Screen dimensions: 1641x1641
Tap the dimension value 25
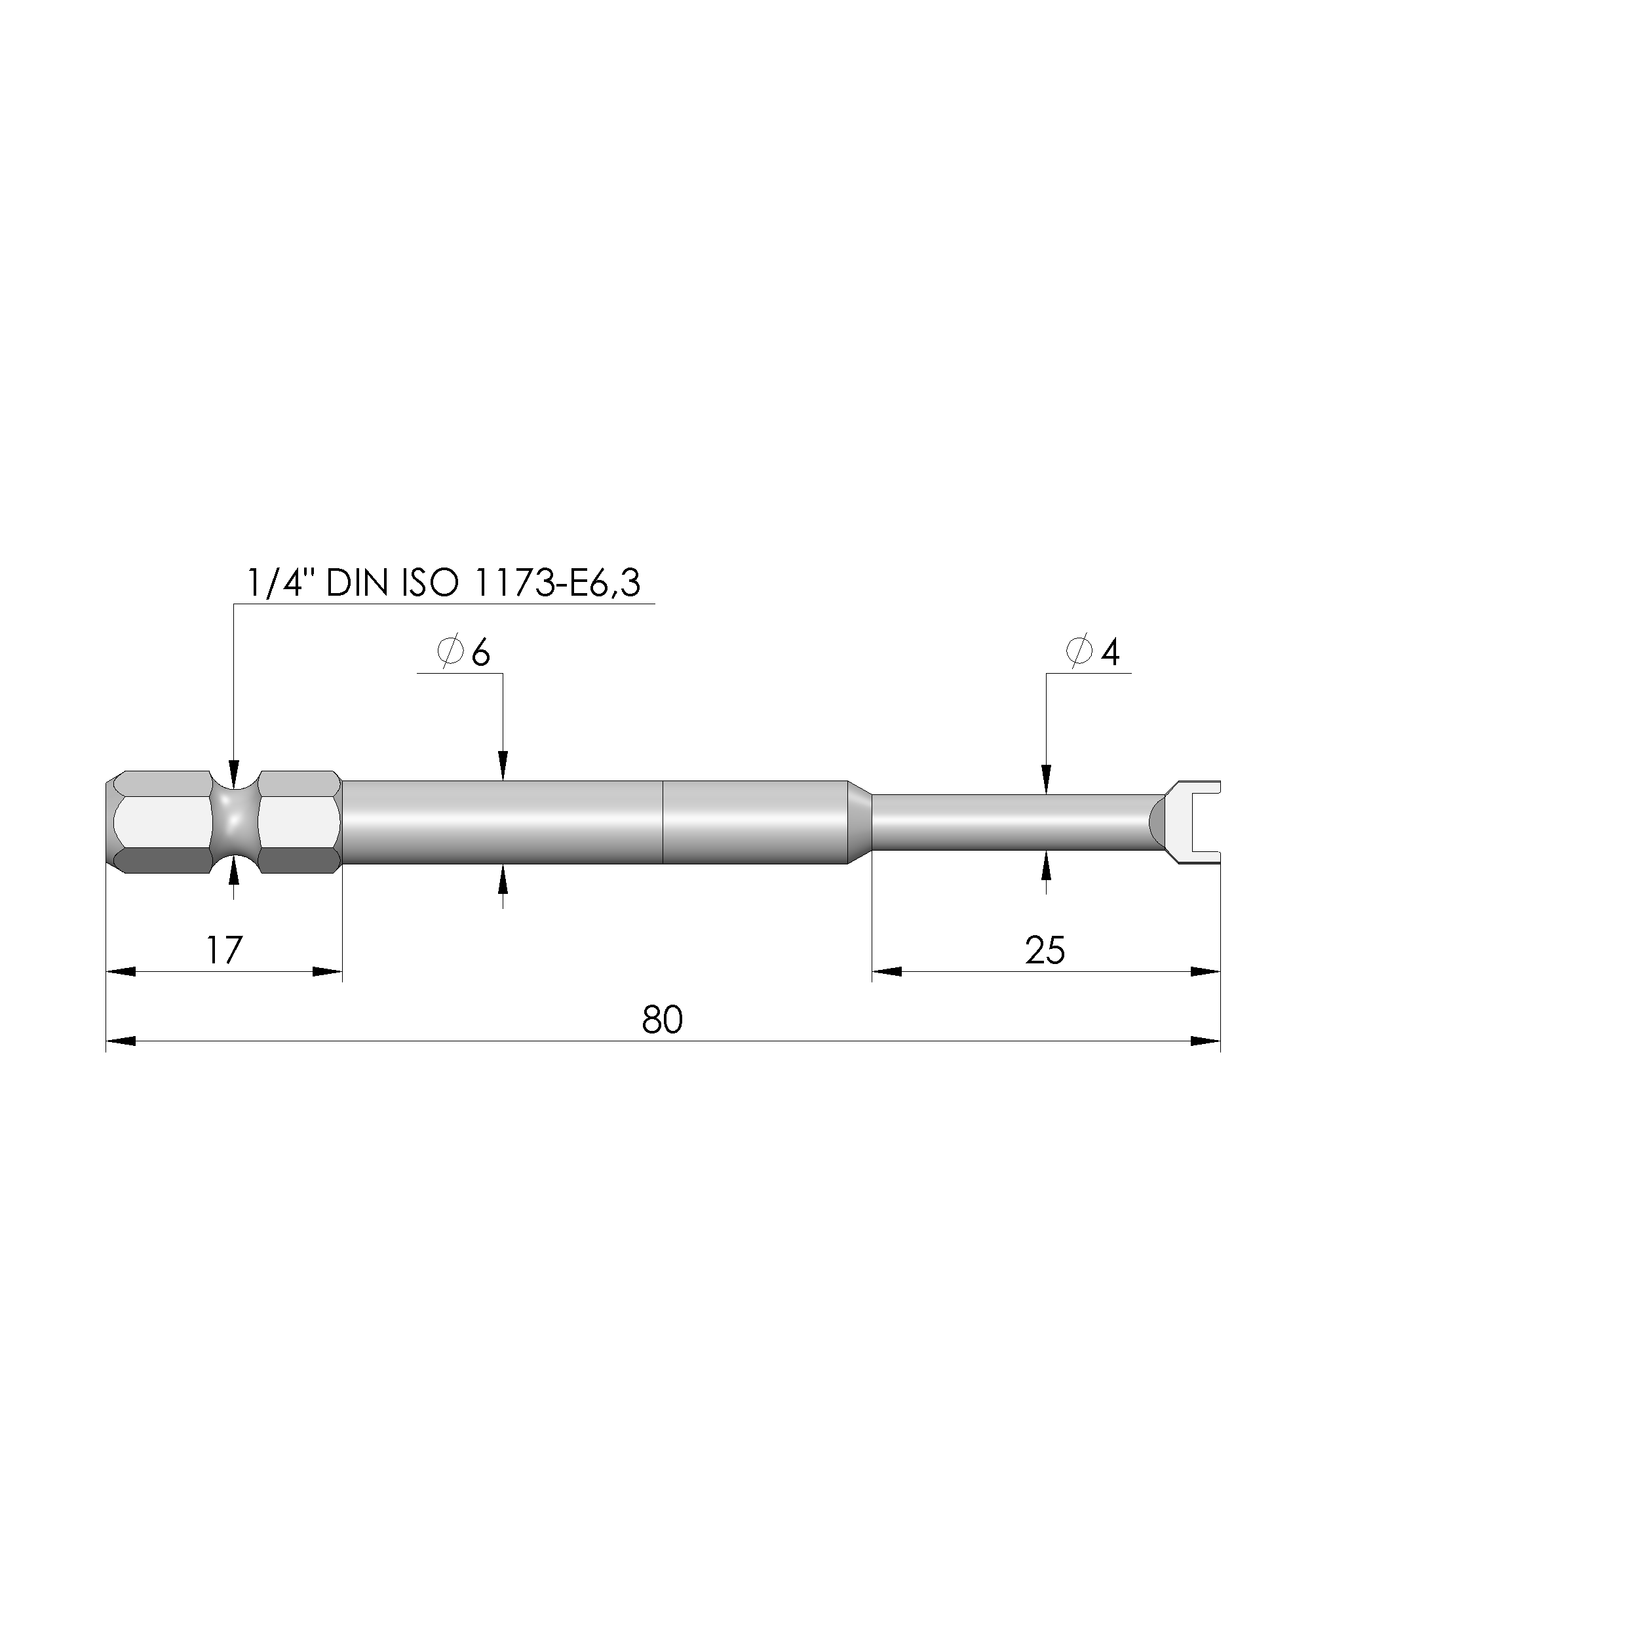1045,950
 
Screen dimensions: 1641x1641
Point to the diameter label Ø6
464,652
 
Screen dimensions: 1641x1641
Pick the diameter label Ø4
1092,651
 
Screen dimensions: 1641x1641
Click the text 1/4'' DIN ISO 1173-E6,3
444,583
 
